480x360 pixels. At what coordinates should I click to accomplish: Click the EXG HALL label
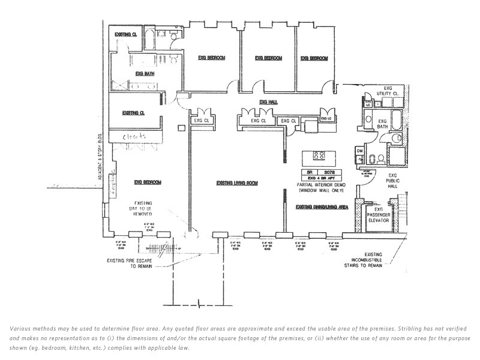268,103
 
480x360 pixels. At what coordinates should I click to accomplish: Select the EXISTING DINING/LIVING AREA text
322,207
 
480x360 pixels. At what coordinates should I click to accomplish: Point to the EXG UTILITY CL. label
388,92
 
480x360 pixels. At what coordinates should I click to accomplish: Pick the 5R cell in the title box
310,172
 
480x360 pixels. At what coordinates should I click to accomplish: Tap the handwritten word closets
134,137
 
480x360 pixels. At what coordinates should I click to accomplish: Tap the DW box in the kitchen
359,150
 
